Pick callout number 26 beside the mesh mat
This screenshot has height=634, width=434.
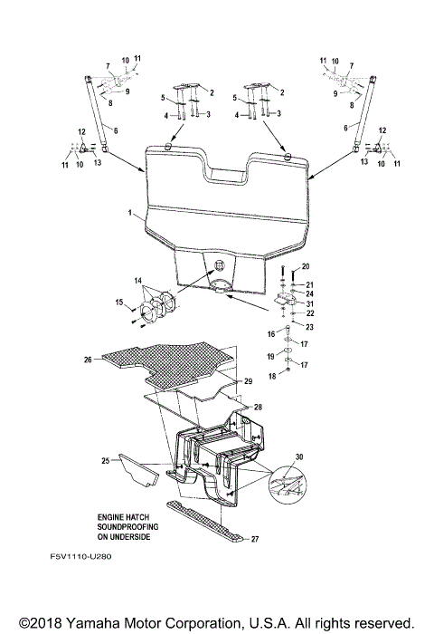coord(89,359)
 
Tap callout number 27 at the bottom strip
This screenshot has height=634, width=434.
coord(255,539)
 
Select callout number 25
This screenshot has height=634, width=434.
coord(105,462)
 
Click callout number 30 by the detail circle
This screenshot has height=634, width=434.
coord(299,458)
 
